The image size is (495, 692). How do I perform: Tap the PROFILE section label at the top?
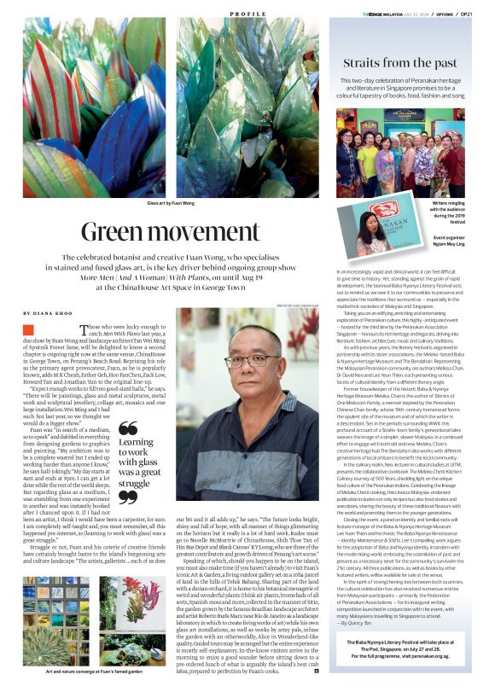point(247,15)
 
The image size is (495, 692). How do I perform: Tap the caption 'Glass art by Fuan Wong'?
point(171,204)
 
